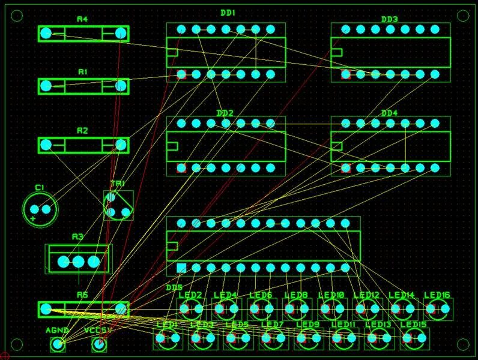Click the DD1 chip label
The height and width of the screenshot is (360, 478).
pyautogui.click(x=228, y=13)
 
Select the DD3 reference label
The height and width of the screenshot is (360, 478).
pyautogui.click(x=389, y=19)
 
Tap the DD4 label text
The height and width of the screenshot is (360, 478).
pyautogui.click(x=389, y=113)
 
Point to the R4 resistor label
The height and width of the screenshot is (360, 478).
pyautogui.click(x=82, y=20)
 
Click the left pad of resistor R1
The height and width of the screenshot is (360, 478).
pyautogui.click(x=46, y=86)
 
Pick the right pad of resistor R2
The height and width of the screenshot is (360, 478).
pyautogui.click(x=121, y=145)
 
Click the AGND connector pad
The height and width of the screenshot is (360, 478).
pyautogui.click(x=58, y=344)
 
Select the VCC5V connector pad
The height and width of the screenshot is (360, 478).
pyautogui.click(x=98, y=344)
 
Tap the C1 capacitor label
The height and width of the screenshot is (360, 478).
pyautogui.click(x=40, y=188)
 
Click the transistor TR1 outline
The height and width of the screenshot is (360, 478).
pyautogui.click(x=118, y=205)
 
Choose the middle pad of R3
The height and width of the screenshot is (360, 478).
pyautogui.click(x=78, y=261)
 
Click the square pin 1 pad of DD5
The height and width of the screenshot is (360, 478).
pyautogui.click(x=181, y=268)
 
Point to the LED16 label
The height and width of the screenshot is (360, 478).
pyautogui.click(x=437, y=295)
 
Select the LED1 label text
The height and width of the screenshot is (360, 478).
pyautogui.click(x=166, y=325)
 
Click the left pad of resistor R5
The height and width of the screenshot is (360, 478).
pyautogui.click(x=46, y=310)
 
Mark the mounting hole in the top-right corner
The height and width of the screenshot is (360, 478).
pyautogui.click(x=463, y=16)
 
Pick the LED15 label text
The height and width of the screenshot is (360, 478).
pyautogui.click(x=413, y=325)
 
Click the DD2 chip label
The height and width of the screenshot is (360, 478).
pyautogui.click(x=225, y=113)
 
